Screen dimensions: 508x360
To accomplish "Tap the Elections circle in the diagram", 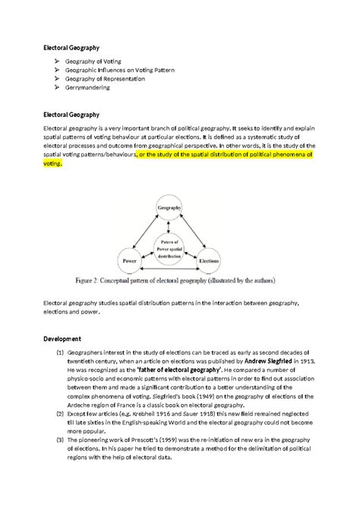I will pos(209,260).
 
